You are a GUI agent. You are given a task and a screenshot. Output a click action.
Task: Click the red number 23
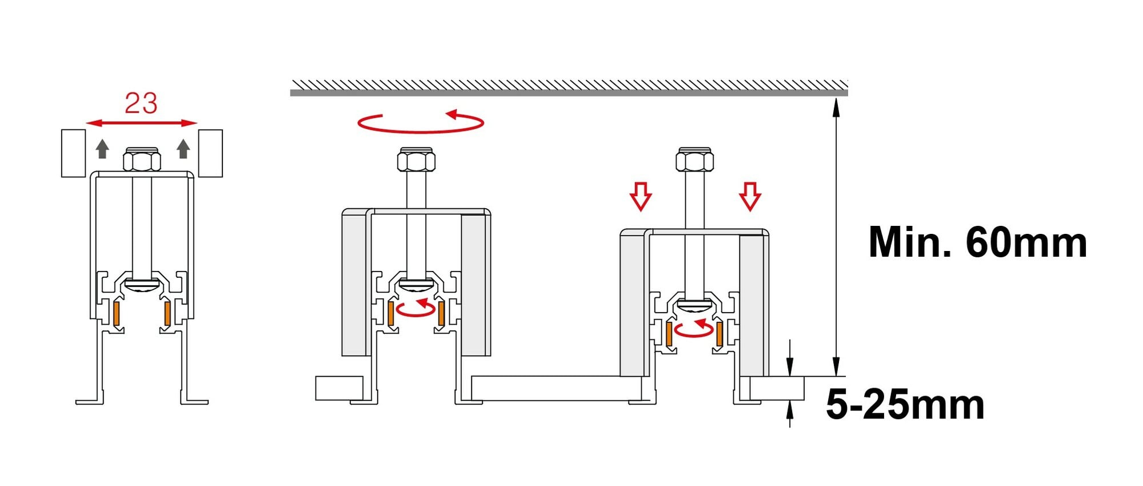141,103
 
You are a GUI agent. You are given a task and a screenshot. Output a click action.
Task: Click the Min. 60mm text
977,242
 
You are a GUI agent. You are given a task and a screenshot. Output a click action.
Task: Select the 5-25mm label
905,405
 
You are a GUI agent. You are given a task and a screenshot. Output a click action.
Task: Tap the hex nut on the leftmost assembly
142,160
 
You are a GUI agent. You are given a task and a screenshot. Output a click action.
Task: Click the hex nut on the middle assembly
416,160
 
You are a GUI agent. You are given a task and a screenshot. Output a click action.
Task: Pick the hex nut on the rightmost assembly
694,160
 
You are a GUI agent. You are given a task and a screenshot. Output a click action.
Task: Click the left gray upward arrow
102,149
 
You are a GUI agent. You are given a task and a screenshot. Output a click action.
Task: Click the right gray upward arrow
183,149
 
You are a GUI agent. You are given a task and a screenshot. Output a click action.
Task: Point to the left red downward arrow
641,197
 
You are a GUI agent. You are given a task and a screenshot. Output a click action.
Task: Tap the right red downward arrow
750,197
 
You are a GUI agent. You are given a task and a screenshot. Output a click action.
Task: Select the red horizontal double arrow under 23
141,123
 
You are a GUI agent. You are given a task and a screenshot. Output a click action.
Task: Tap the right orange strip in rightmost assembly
719,334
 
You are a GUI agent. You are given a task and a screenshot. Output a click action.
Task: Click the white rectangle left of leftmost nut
73,153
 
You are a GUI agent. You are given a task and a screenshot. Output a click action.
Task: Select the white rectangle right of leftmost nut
210,153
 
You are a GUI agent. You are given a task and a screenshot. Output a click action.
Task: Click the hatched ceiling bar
569,89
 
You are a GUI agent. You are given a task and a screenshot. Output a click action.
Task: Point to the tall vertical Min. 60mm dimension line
836,237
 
